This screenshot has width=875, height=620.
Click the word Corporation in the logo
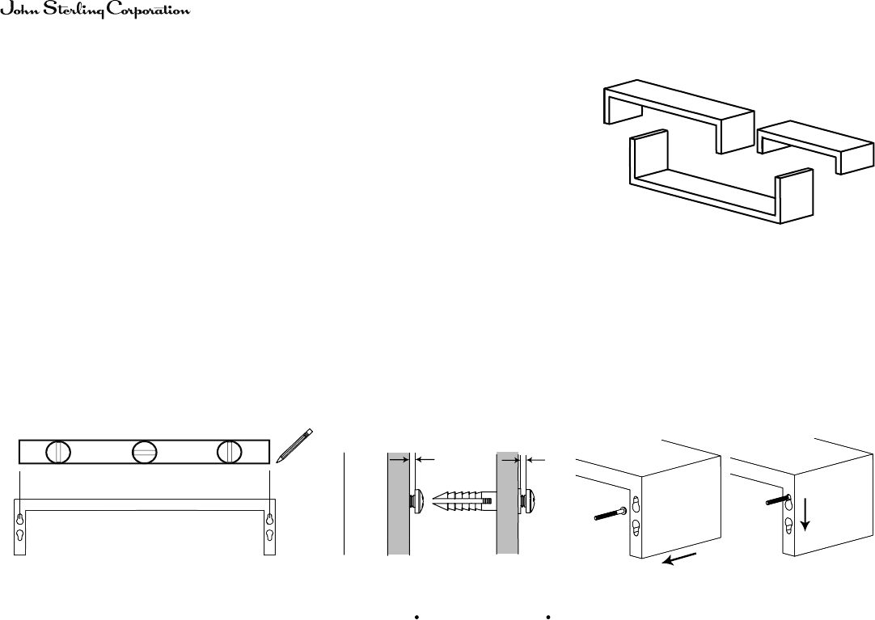(x=148, y=11)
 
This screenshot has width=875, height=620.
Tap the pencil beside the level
(x=294, y=445)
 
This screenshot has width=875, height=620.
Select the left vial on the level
(x=58, y=452)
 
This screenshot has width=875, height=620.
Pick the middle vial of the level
(x=145, y=452)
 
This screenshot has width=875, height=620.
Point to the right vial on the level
(x=230, y=452)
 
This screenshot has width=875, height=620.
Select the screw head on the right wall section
(x=527, y=500)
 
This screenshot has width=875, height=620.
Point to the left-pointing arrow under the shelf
(x=679, y=558)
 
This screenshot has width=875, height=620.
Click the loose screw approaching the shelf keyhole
(x=612, y=513)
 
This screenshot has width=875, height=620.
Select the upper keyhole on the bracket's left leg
(x=19, y=518)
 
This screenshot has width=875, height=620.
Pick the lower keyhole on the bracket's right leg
(x=270, y=535)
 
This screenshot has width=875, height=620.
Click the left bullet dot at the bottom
(x=416, y=617)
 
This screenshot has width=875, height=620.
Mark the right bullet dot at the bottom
(x=548, y=617)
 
